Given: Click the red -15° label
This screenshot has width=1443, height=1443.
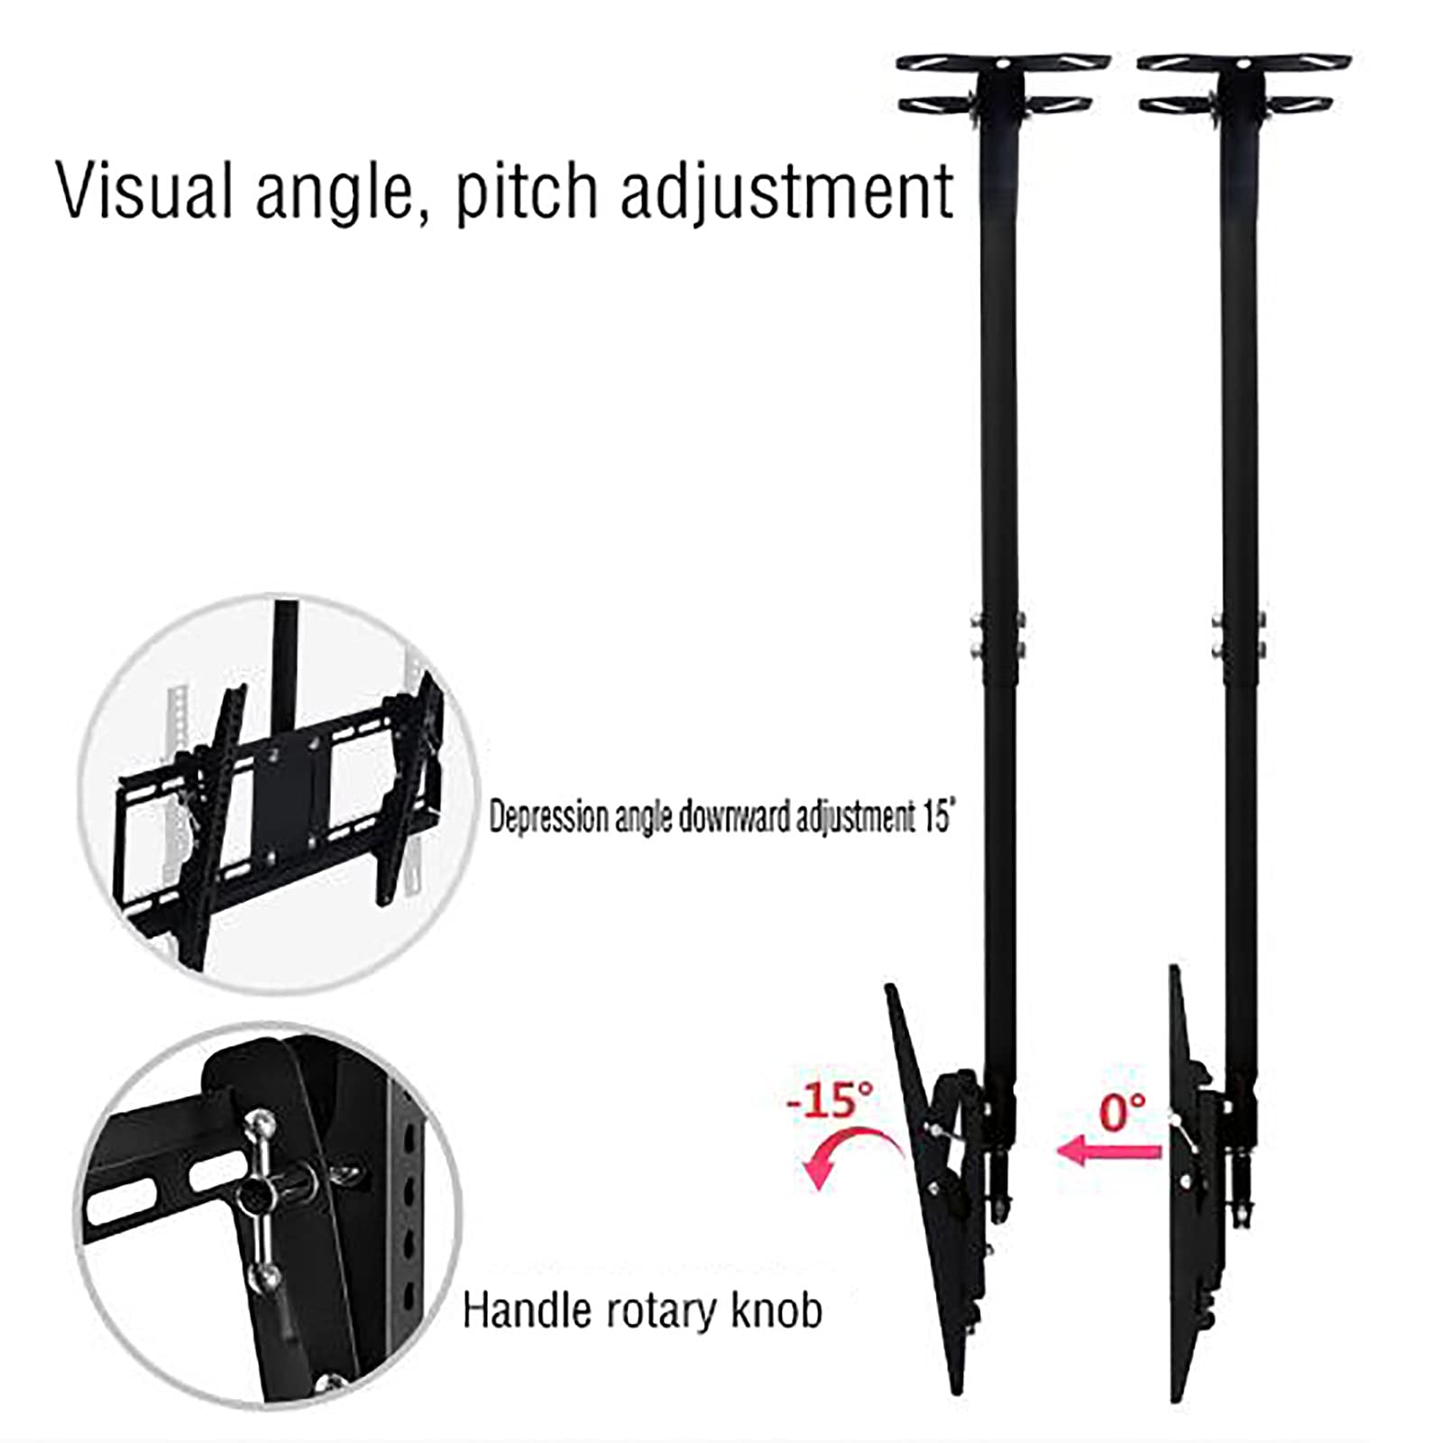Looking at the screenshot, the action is click(831, 1099).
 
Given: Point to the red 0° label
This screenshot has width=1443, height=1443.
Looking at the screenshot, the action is click(1123, 1110).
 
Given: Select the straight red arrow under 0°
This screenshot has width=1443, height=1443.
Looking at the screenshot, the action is click(1108, 1151).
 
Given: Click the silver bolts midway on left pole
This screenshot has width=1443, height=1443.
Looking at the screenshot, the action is click(997, 634).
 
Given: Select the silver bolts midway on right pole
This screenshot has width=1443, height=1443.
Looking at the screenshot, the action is click(1238, 634).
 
